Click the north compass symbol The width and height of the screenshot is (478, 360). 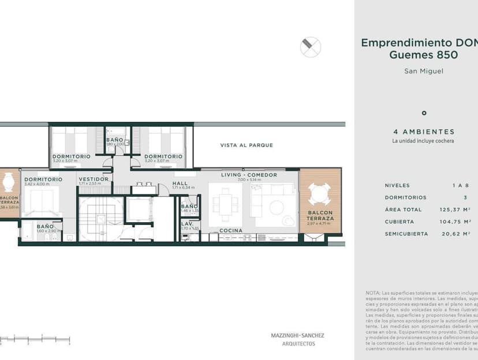(311, 47)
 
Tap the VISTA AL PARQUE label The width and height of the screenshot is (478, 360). (247, 145)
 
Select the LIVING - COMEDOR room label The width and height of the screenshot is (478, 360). (249, 175)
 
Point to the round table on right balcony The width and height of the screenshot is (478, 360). (319, 194)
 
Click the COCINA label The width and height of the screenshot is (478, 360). (230, 230)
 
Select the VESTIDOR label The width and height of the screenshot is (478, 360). (94, 179)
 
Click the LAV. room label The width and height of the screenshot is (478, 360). (187, 223)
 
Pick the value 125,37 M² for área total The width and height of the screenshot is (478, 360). (453, 209)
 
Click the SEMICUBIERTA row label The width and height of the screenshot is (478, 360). (407, 234)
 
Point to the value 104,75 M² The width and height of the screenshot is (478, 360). (453, 222)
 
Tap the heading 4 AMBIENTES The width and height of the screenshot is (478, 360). (423, 132)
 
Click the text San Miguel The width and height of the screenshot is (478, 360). (423, 72)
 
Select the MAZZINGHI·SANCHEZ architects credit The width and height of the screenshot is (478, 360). (298, 335)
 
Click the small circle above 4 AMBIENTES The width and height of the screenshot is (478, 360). (424, 113)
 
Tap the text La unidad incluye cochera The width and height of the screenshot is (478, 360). (423, 141)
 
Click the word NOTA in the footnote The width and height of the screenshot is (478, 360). (373, 293)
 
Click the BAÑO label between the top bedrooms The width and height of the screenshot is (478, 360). (114, 140)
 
